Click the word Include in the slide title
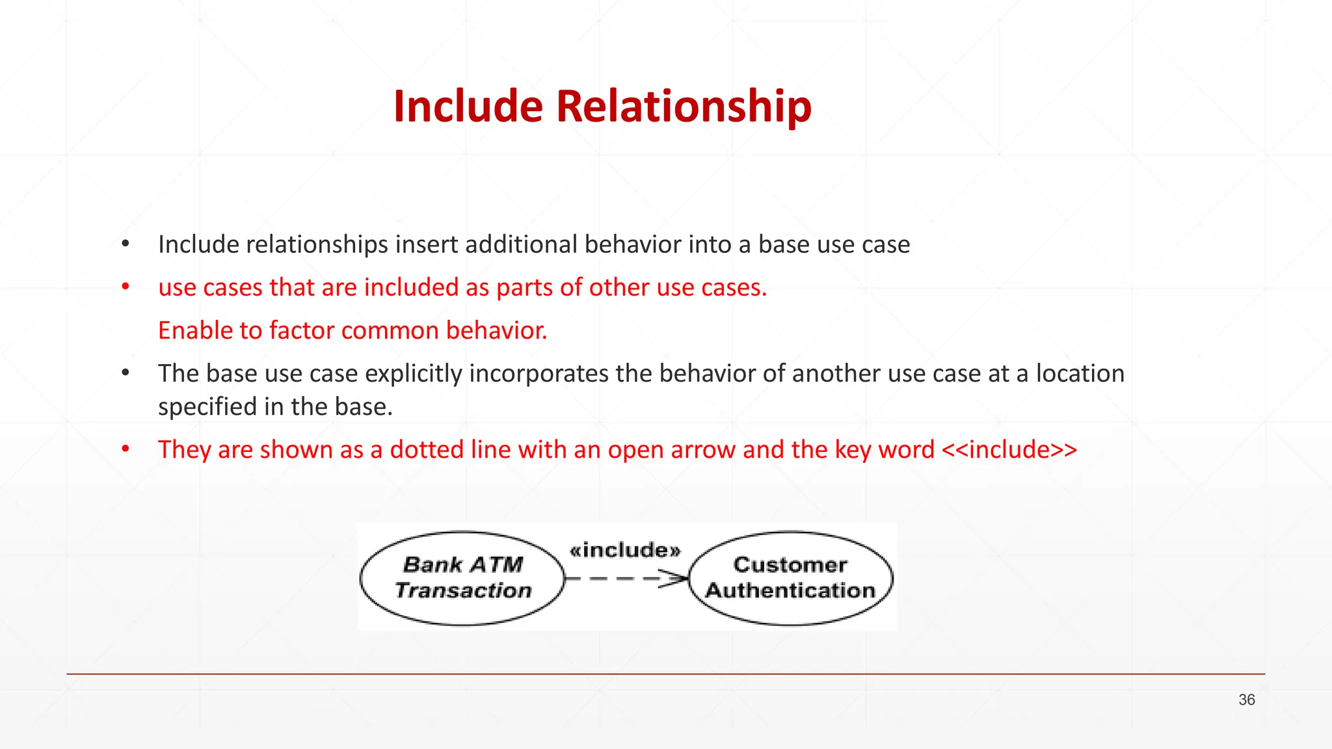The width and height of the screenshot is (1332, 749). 468,106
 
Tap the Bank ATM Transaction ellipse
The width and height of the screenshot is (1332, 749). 462,578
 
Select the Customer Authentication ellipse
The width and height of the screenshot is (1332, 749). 790,578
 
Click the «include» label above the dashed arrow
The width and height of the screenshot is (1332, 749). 625,551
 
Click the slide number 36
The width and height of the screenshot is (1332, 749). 1246,700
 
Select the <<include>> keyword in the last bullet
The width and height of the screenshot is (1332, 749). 1009,450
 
